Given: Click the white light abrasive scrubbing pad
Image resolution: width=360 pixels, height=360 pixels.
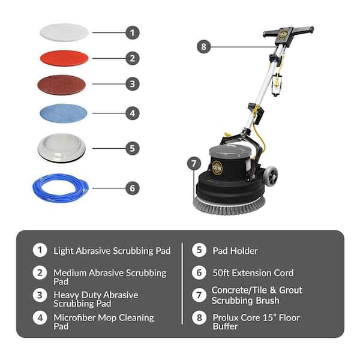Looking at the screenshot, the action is coord(64,32).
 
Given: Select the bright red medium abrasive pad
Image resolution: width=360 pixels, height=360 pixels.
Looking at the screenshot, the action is coord(64,58).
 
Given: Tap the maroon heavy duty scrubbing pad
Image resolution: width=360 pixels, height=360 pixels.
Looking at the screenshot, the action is coord(62,85).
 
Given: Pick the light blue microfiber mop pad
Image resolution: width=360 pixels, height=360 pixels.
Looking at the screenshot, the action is coord(64,113).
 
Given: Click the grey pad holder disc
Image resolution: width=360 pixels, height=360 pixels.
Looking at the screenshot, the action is coord(62,148).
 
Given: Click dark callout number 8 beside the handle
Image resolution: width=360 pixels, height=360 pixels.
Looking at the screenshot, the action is coord(203,47).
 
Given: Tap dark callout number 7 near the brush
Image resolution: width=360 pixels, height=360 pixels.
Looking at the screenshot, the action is coord(194,163).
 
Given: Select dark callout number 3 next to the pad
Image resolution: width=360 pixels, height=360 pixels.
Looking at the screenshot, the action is coord(133,84).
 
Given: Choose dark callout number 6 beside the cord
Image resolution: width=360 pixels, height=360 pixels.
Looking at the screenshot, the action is coord(133,188).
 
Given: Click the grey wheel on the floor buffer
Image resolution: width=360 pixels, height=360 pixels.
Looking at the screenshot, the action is coord(271,176).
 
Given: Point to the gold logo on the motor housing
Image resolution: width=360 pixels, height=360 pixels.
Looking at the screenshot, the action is coord(217,168).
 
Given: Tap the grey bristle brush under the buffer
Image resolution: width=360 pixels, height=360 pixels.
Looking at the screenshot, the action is coord(229,206).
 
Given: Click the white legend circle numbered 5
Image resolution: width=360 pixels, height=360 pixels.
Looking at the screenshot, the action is coord(199,250).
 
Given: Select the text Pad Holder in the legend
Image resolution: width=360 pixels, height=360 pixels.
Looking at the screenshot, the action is coord(235,251).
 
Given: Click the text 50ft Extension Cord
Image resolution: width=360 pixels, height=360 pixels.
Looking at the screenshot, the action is coord(253,273).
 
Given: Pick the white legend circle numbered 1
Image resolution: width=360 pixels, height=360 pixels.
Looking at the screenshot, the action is coord(40,250).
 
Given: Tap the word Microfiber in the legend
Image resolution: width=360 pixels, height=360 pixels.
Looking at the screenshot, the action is coord(74,318).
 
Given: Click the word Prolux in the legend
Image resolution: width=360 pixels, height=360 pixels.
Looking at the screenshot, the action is coord(226,318).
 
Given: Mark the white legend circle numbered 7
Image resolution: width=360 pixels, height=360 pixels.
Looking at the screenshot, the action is coord(199,295).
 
